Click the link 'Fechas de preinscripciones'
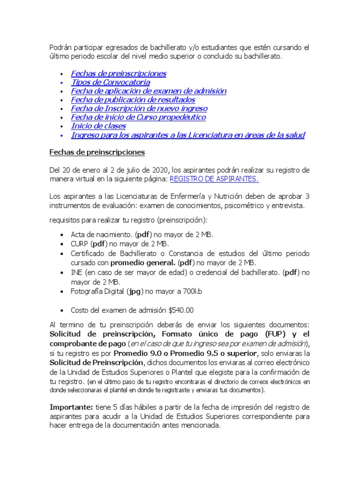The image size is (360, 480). point(118,74)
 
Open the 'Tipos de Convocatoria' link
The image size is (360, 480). point(111,82)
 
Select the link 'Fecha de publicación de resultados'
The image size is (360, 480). point(133,100)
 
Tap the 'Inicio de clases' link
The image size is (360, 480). point(98,126)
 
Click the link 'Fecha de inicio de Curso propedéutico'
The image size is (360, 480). point(138,117)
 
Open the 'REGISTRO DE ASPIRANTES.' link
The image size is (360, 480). point(214,179)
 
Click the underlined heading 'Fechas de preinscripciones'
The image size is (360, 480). point(97,152)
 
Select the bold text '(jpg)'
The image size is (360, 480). point(134,292)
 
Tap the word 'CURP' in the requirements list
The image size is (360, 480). point(80,244)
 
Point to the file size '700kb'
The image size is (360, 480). point(192,292)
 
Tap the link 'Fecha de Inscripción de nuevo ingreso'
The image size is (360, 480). point(139,109)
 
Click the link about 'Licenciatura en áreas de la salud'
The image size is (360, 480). point(187,135)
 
